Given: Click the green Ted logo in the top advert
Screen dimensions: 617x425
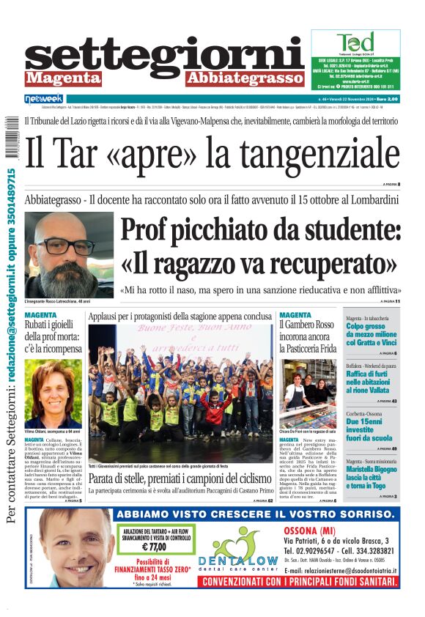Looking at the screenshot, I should click(355, 42).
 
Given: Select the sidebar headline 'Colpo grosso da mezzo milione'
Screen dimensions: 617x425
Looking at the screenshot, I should click(373, 336).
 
